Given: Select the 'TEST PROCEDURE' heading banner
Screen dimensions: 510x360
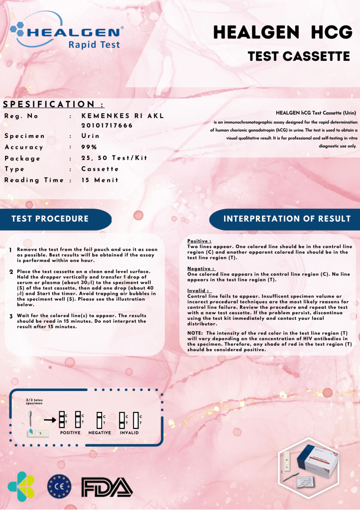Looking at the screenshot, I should click(50, 219).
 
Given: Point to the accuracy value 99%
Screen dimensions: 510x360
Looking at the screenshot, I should click(89, 147).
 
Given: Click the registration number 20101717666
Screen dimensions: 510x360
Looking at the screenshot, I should click(107, 125).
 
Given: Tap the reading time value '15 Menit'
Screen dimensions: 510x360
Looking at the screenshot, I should click(100, 180).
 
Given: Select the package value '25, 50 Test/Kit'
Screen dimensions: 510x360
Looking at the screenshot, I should click(114, 158).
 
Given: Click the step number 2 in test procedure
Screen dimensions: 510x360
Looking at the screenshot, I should click(11, 272).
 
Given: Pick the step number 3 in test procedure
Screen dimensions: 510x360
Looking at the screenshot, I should click(11, 316).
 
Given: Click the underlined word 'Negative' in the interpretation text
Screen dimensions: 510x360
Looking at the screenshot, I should click(199, 268).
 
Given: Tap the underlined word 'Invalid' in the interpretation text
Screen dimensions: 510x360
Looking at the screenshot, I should click(196, 290).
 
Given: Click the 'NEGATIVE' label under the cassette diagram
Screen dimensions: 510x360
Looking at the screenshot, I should click(99, 432).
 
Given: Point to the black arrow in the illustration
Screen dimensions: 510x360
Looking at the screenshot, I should click(49, 419).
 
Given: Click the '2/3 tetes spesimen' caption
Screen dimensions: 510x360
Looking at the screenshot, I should click(34, 401).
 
